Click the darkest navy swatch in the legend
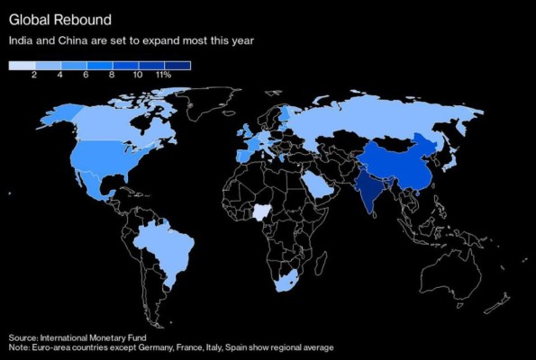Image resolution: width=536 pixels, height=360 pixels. (x=177, y=65)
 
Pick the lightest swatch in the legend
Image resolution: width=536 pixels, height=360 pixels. (x=22, y=65)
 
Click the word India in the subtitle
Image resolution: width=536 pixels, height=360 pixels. (x=19, y=40)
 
